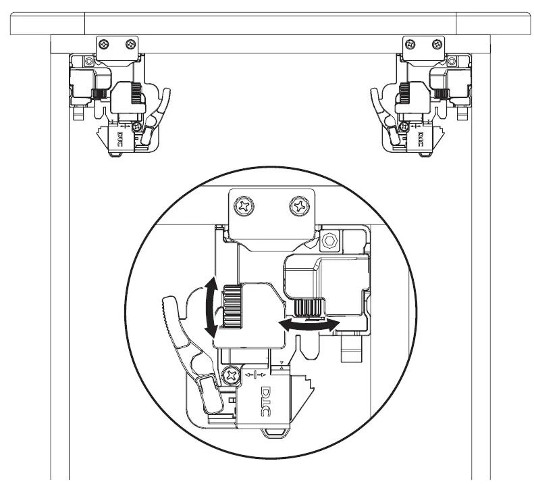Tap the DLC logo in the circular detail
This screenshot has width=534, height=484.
265,401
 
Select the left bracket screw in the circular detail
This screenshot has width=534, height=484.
244,206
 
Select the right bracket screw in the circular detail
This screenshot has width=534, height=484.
300,205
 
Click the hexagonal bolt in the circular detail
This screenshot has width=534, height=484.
329,241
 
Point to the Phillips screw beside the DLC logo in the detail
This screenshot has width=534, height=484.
232,376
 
